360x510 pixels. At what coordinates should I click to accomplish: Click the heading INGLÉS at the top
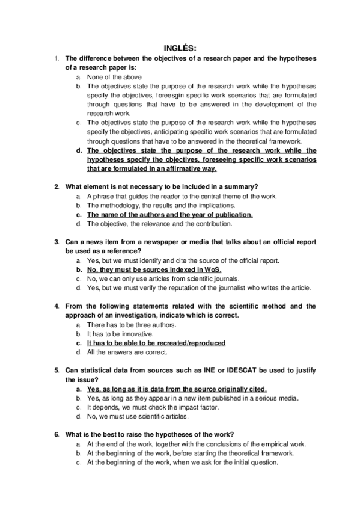click(x=180, y=48)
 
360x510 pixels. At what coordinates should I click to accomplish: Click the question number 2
click(x=56, y=187)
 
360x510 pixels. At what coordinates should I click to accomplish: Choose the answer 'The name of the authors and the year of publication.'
click(x=170, y=214)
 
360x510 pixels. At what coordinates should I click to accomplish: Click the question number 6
click(x=56, y=434)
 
